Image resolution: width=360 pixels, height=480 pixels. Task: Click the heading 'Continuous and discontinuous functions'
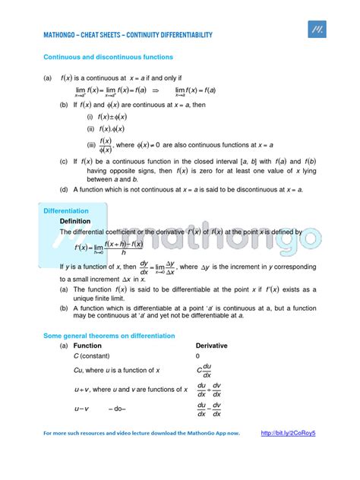click(108, 57)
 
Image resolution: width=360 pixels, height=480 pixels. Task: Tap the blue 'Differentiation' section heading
click(66, 210)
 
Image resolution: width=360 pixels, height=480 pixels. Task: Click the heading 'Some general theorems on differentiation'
click(109, 336)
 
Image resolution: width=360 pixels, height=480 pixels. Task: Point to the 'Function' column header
click(87, 346)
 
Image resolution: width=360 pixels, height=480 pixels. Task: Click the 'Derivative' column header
click(211, 346)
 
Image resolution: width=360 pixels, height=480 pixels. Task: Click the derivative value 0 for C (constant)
click(197, 355)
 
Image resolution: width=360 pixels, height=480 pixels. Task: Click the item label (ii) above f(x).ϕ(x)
click(90, 128)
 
